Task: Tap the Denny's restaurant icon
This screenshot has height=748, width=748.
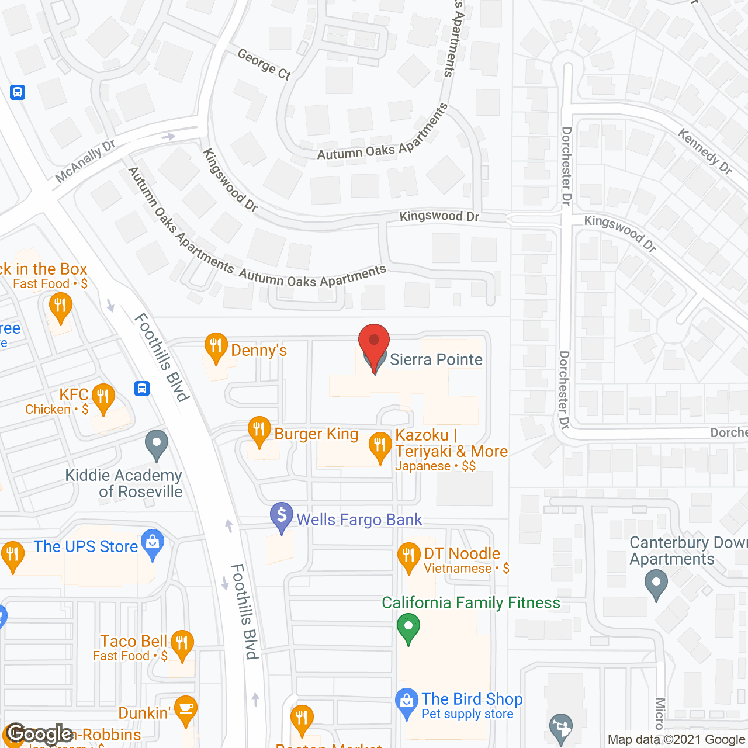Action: click(x=216, y=347)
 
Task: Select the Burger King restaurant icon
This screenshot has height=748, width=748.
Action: click(x=259, y=430)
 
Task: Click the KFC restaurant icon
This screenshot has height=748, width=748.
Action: click(x=103, y=397)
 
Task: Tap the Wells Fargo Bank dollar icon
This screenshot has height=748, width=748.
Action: click(x=282, y=517)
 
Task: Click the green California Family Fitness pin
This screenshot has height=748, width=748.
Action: click(x=408, y=628)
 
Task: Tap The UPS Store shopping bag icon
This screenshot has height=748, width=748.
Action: click(x=153, y=543)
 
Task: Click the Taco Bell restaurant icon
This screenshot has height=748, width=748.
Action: click(x=182, y=644)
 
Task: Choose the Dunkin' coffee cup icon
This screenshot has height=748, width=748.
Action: click(x=186, y=709)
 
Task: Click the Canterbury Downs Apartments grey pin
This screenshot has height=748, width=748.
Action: click(x=656, y=584)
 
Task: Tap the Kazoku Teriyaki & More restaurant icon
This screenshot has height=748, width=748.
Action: click(x=380, y=446)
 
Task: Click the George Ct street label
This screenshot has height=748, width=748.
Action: click(x=264, y=64)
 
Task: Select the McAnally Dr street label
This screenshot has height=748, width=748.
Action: click(x=85, y=161)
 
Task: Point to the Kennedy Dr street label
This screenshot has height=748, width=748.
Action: click(x=705, y=151)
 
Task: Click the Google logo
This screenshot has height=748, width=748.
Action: click(x=39, y=733)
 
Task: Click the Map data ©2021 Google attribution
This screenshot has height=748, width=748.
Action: click(x=677, y=740)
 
